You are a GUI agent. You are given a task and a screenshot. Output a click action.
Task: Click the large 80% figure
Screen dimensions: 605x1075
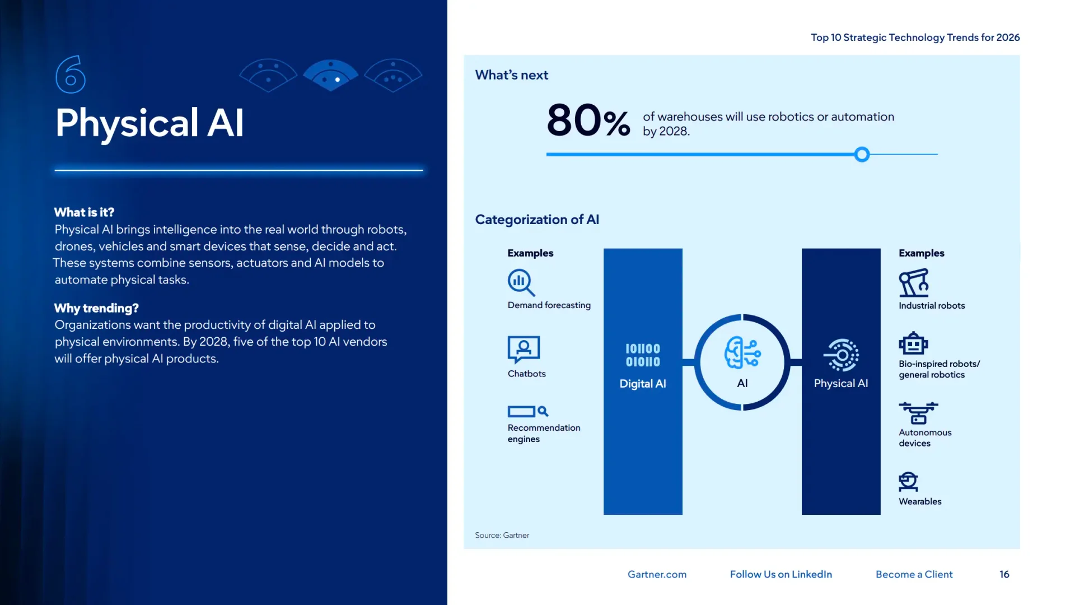click(588, 120)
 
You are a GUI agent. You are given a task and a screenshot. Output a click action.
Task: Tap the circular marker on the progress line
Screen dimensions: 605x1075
click(862, 155)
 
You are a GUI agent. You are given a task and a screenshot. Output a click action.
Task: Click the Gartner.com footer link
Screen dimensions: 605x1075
click(657, 574)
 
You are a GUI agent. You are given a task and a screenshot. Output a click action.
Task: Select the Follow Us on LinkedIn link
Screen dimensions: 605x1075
click(780, 574)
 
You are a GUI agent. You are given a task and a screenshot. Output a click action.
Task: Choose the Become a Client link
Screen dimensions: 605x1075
click(914, 574)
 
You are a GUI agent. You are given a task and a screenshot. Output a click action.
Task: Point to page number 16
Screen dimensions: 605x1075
click(1004, 574)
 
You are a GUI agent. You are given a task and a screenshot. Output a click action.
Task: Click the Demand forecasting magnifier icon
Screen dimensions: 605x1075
click(521, 282)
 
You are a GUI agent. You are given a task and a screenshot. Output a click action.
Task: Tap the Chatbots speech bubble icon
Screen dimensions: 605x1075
click(524, 350)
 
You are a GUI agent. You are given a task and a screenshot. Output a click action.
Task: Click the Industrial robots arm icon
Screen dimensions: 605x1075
click(914, 283)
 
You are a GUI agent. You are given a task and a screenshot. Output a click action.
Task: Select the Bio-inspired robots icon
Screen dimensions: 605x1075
click(913, 343)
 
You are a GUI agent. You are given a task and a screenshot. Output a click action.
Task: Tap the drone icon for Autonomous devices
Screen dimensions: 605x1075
click(918, 413)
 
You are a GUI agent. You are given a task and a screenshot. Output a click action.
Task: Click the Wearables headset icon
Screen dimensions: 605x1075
click(908, 482)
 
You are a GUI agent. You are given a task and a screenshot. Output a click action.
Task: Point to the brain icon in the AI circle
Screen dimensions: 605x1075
click(742, 353)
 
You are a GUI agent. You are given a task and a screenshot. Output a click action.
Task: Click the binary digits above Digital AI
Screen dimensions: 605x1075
click(643, 355)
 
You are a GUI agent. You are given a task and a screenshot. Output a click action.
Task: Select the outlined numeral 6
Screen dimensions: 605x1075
click(71, 75)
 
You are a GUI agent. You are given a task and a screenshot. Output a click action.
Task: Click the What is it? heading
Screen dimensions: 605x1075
click(84, 212)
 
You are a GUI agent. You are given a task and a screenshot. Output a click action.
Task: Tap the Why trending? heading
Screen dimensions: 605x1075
click(96, 308)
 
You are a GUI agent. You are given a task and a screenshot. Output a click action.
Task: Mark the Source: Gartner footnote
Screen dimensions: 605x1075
click(502, 535)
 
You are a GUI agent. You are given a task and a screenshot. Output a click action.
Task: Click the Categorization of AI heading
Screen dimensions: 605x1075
click(537, 220)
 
